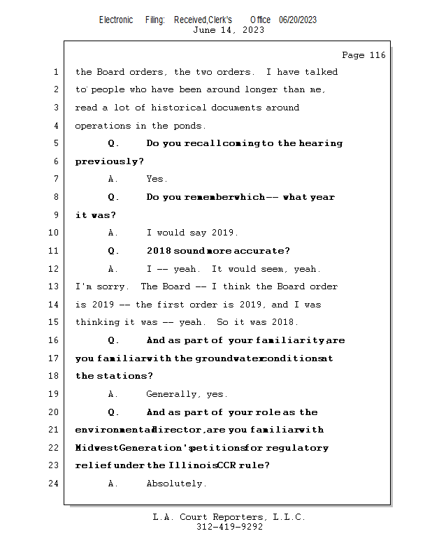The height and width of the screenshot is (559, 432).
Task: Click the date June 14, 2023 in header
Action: point(229,30)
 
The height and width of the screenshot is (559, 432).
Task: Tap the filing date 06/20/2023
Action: point(298,20)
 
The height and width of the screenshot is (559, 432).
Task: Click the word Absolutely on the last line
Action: point(175,484)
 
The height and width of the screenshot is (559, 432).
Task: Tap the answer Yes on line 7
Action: point(157,179)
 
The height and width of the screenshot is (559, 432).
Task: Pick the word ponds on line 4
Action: point(189,126)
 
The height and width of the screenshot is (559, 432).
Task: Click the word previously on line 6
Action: point(108,161)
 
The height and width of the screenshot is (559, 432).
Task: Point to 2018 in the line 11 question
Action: point(159,251)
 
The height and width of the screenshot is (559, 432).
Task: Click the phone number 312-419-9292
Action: point(229,527)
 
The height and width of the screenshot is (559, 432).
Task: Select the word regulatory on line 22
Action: point(302,448)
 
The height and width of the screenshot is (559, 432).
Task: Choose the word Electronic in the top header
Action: point(116,20)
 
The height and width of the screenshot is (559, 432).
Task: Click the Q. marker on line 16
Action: point(113,340)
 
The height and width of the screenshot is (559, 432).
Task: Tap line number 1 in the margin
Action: point(55,72)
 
